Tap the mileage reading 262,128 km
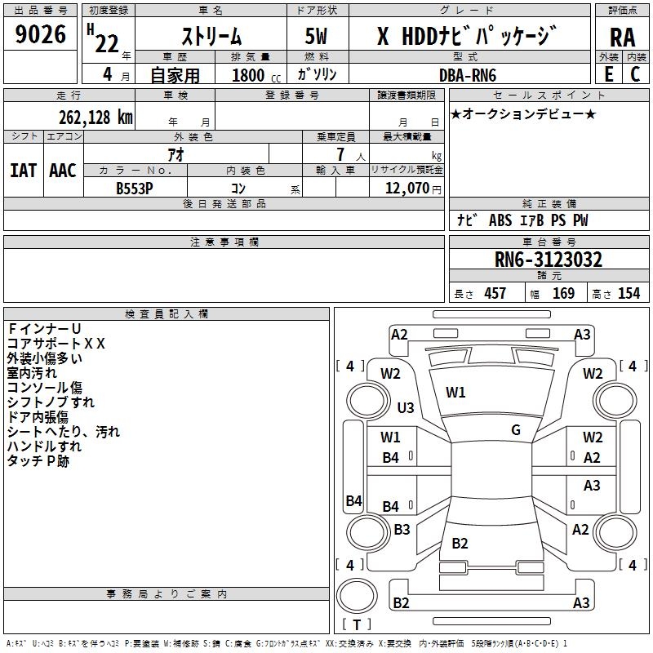[95, 117]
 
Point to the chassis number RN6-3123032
[549, 260]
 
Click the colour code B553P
[135, 187]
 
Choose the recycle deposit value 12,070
[406, 188]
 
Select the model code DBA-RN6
[467, 74]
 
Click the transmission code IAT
[23, 171]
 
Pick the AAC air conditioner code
[63, 171]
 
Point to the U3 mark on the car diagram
[405, 407]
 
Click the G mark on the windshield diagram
[516, 429]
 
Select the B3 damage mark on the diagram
[402, 530]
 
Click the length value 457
[495, 293]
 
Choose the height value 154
[629, 293]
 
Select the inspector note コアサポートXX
[56, 344]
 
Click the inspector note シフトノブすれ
[51, 402]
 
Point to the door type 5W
[317, 36]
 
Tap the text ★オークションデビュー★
[523, 113]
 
